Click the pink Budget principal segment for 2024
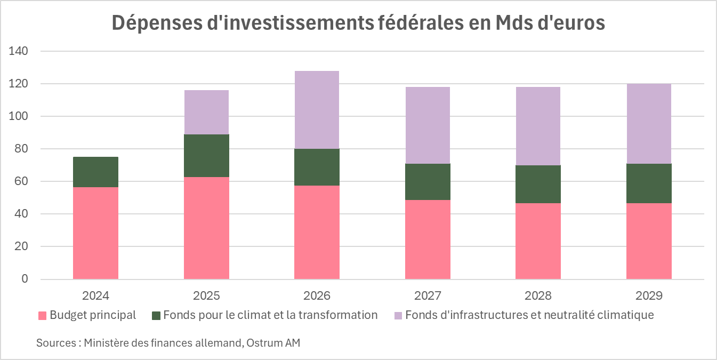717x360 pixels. pyautogui.click(x=95, y=233)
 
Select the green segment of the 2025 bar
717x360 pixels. pyautogui.click(x=206, y=156)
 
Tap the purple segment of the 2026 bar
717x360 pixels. pyautogui.click(x=317, y=110)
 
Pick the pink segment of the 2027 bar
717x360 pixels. pyautogui.click(x=428, y=239)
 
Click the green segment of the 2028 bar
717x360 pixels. pyautogui.click(x=538, y=184)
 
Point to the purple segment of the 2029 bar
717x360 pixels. pyautogui.click(x=649, y=124)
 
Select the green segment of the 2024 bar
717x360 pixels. pyautogui.click(x=95, y=172)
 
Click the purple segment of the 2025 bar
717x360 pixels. pyautogui.click(x=206, y=112)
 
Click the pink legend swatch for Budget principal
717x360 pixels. pyautogui.click(x=42, y=316)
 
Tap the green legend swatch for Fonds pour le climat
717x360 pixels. pyautogui.click(x=156, y=316)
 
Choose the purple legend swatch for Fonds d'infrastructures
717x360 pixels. pyautogui.click(x=398, y=316)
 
